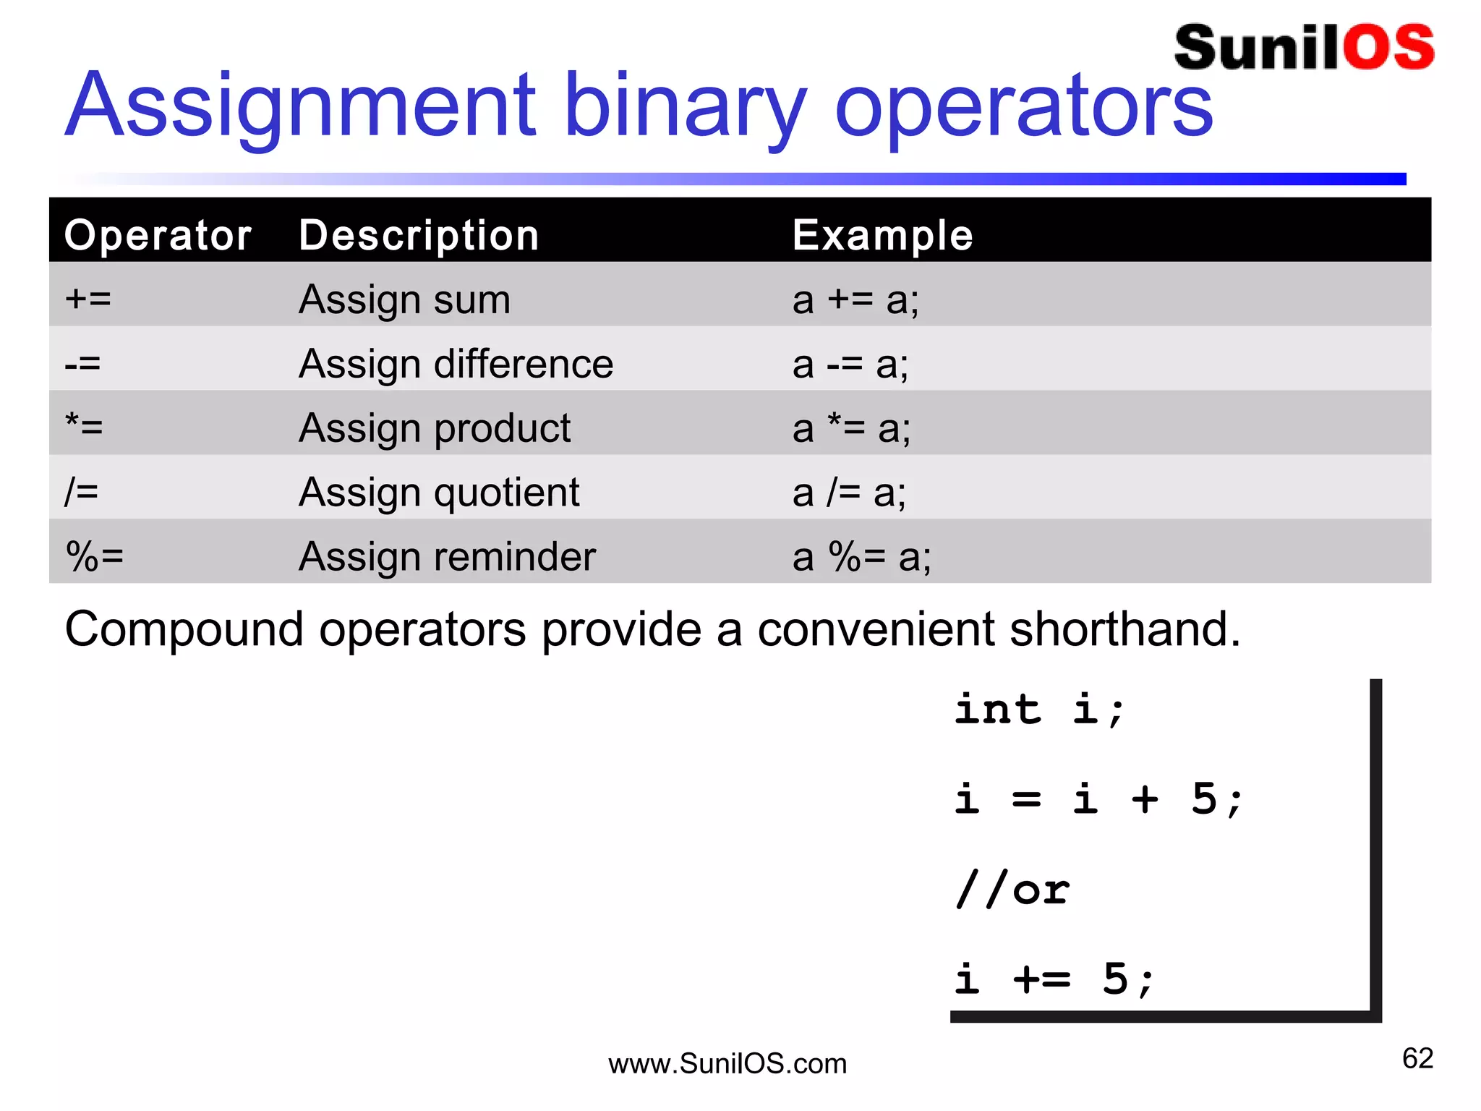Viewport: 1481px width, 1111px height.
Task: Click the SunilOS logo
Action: (x=1304, y=48)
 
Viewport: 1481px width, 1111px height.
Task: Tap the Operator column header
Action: (x=158, y=235)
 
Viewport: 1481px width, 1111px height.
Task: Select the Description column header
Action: (x=419, y=235)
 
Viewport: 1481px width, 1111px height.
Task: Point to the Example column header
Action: (x=882, y=235)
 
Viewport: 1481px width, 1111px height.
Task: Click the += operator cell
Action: (x=88, y=299)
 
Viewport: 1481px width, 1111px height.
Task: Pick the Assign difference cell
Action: (x=456, y=363)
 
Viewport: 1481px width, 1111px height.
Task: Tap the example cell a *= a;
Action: (x=851, y=427)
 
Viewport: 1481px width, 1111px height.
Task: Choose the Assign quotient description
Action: (x=439, y=493)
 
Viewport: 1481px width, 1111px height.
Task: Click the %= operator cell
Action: (x=95, y=557)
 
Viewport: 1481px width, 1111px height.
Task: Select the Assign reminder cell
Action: (x=447, y=557)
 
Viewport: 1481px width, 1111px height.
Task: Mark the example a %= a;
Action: (x=861, y=557)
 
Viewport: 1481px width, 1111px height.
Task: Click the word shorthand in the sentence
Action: (x=1124, y=629)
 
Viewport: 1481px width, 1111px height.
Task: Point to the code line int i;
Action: (x=1039, y=709)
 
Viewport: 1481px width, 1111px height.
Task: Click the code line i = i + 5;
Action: (x=1098, y=799)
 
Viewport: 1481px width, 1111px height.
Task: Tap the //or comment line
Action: (x=1012, y=890)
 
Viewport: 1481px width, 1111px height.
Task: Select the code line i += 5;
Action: (x=1054, y=979)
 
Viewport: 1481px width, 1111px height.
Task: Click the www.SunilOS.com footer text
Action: (x=727, y=1064)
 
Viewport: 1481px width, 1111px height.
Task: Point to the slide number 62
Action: (x=1417, y=1058)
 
